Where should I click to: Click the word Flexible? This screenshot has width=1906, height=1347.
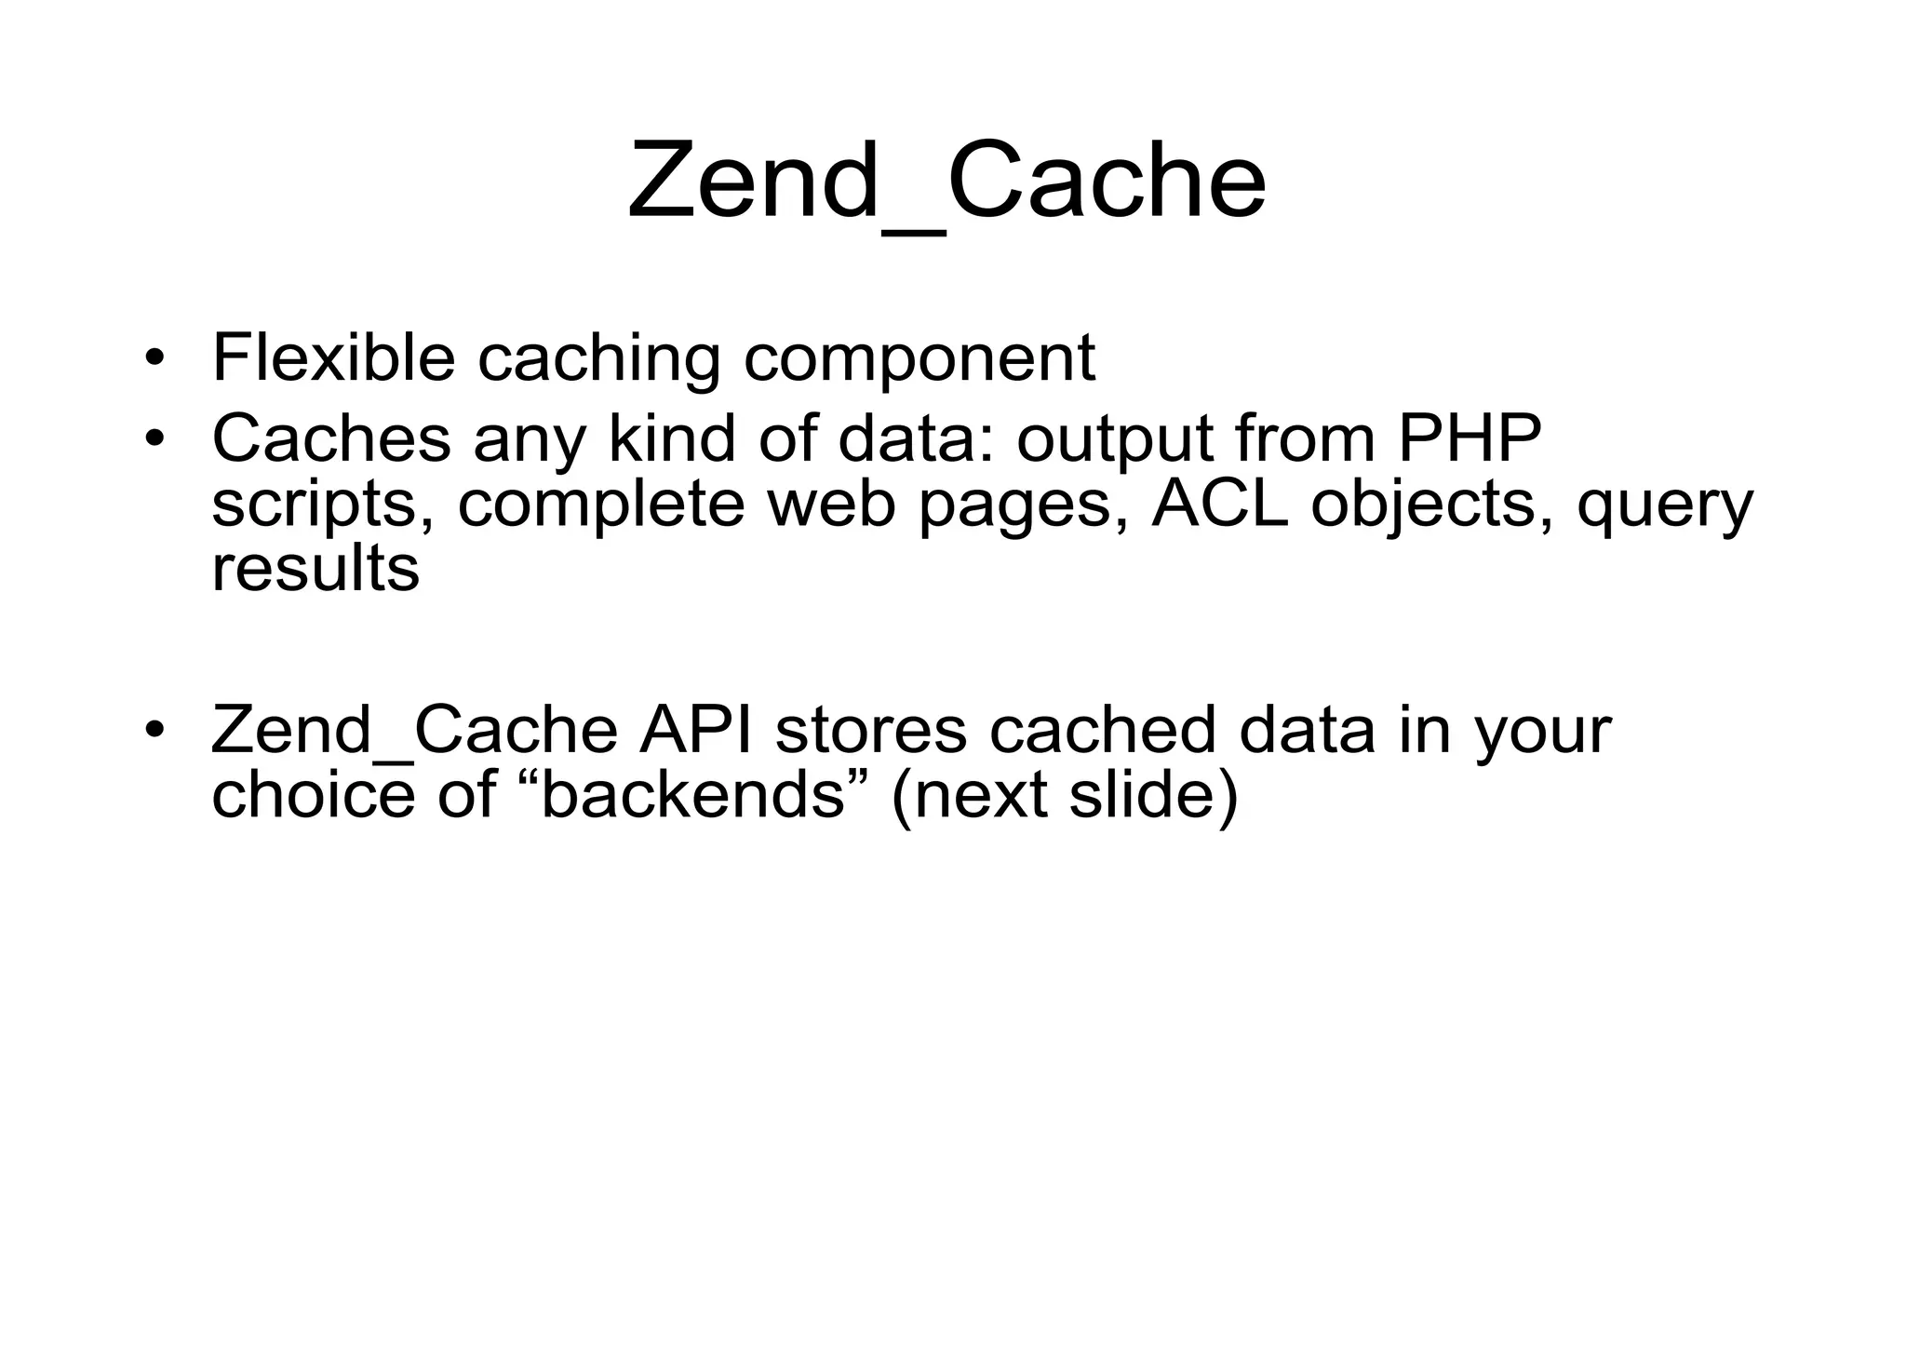pyautogui.click(x=333, y=357)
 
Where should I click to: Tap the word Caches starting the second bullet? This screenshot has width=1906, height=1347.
pyautogui.click(x=331, y=437)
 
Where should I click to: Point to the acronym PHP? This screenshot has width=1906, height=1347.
pyautogui.click(x=1470, y=437)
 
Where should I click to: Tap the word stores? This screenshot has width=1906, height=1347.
pyautogui.click(x=871, y=730)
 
